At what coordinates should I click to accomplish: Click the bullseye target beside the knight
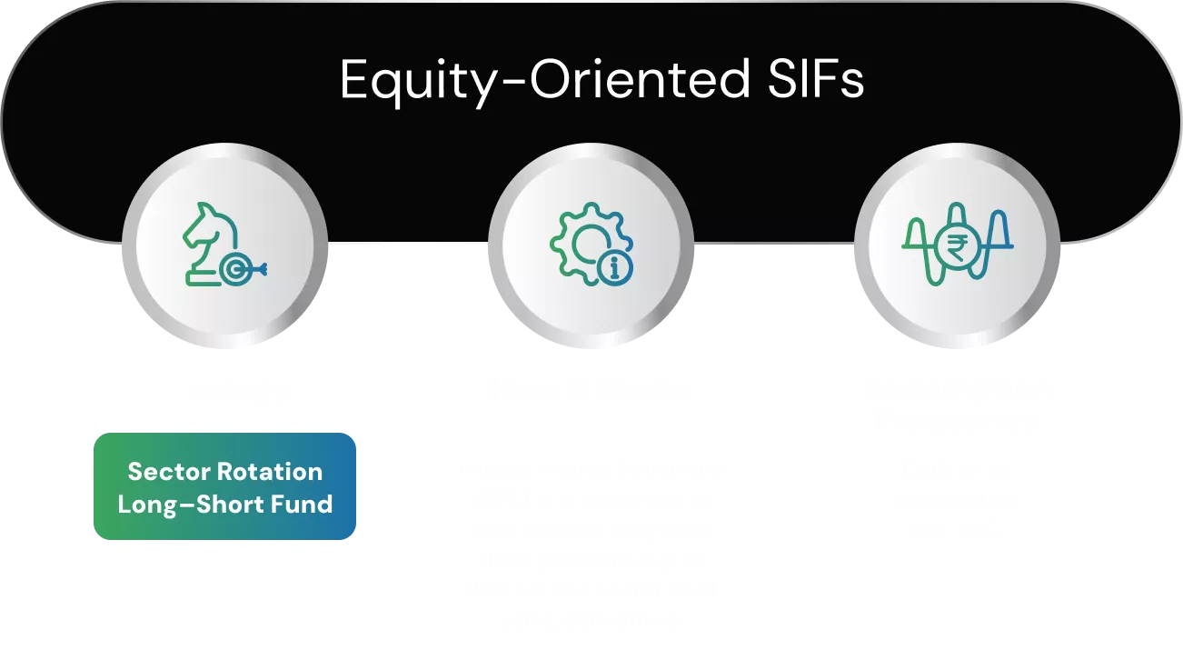236,268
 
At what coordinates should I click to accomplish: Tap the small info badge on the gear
615,266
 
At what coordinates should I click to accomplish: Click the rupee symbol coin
957,245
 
